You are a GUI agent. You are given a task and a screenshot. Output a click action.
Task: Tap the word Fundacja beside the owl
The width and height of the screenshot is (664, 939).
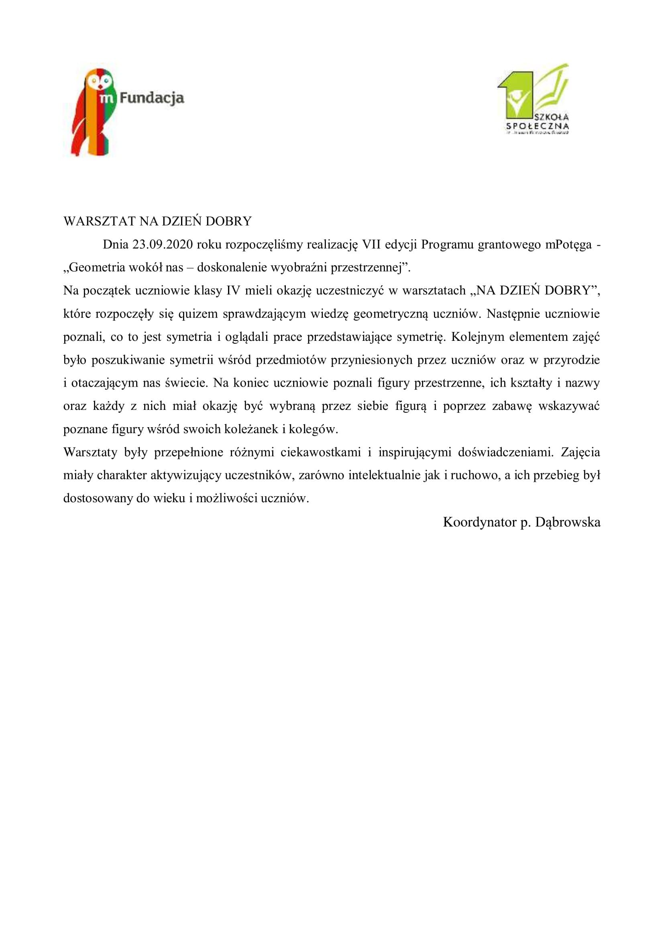point(152,98)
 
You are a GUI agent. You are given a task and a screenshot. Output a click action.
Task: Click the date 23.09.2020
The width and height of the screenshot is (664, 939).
point(162,244)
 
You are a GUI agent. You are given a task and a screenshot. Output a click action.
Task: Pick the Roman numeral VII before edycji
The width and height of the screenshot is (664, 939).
point(369,244)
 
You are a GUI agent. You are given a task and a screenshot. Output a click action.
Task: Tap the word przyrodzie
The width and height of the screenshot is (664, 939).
point(571,360)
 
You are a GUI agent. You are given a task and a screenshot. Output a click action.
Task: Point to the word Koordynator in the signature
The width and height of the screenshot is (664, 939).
point(480,522)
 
